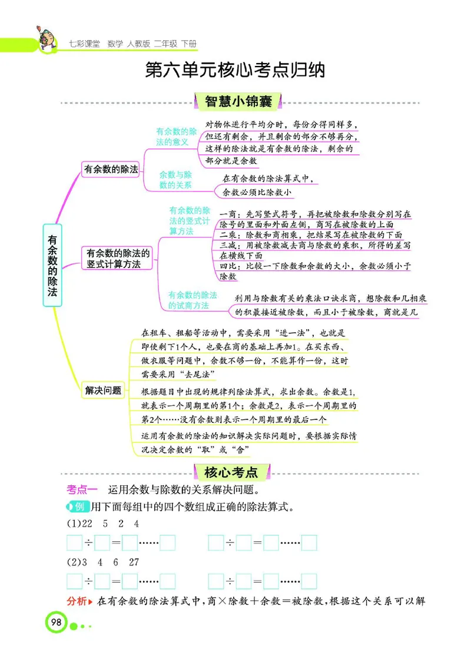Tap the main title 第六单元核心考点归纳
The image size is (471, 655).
coord(235,71)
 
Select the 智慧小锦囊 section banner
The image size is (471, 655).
coord(238,101)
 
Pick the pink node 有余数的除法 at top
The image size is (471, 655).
coord(111,169)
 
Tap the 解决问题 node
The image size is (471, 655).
coord(103,390)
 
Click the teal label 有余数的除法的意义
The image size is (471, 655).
coord(176,137)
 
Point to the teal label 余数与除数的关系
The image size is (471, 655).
coord(175,180)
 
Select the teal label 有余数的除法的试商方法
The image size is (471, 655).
coord(193,300)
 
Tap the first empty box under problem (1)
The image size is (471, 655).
coord(75,543)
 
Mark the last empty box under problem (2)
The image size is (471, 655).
coord(309,581)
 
